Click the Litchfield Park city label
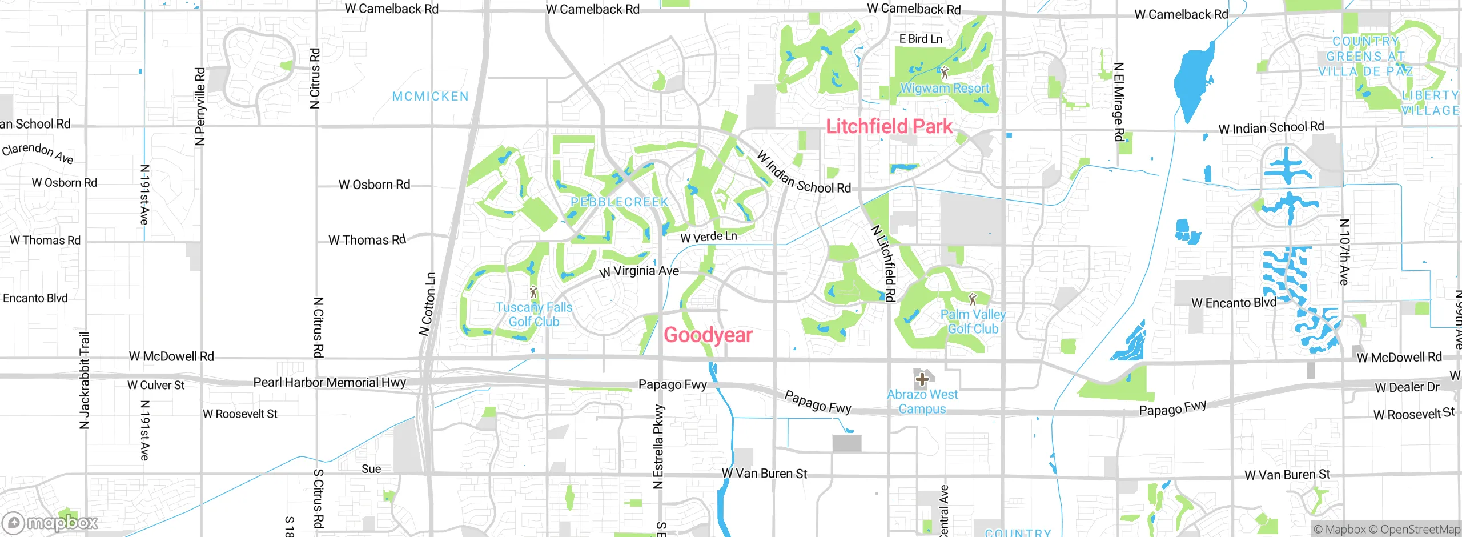pyautogui.click(x=889, y=126)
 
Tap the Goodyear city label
pyautogui.click(x=708, y=335)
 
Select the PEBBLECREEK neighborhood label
pyautogui.click(x=620, y=202)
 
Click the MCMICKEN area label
pyautogui.click(x=431, y=97)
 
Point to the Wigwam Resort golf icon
pyautogui.click(x=945, y=73)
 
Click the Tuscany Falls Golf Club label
pyautogui.click(x=533, y=315)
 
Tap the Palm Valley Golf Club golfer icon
pyautogui.click(x=973, y=299)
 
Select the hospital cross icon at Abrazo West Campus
pyautogui.click(x=922, y=379)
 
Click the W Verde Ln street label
pyautogui.click(x=709, y=237)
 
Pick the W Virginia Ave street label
pyautogui.click(x=639, y=271)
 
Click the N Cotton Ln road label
pyautogui.click(x=427, y=304)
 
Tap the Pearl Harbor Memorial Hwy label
pyautogui.click(x=330, y=382)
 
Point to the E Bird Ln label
pyautogui.click(x=921, y=39)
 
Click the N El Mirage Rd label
pyautogui.click(x=1119, y=102)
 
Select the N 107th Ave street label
pyautogui.click(x=1344, y=251)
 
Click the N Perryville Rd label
pyautogui.click(x=200, y=107)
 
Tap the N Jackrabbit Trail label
pyautogui.click(x=85, y=380)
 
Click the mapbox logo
pyautogui.click(x=50, y=523)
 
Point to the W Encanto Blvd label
pyautogui.click(x=1234, y=303)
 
